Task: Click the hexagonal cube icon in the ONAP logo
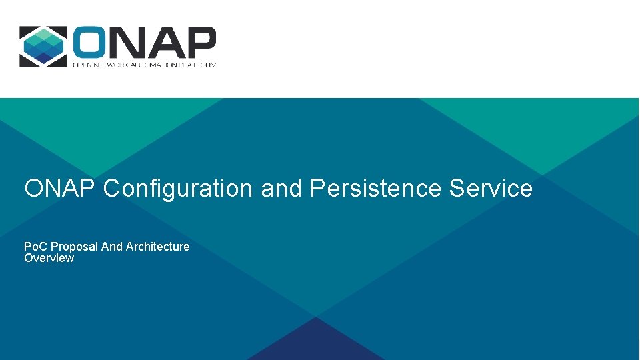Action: point(43,46)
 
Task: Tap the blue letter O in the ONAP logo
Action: point(92,43)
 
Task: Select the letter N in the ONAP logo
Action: point(128,43)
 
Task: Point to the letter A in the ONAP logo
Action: point(163,43)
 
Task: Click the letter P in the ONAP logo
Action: point(199,43)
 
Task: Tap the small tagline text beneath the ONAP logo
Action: point(144,64)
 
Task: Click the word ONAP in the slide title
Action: point(61,189)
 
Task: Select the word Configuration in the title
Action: point(178,189)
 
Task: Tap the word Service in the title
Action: point(491,189)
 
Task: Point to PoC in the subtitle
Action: point(36,247)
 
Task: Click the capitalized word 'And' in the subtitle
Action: point(112,247)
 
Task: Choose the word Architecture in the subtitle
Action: point(158,247)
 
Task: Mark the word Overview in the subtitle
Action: point(49,258)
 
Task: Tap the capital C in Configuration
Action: point(111,189)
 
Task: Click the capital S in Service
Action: point(457,189)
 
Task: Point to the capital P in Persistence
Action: point(317,189)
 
